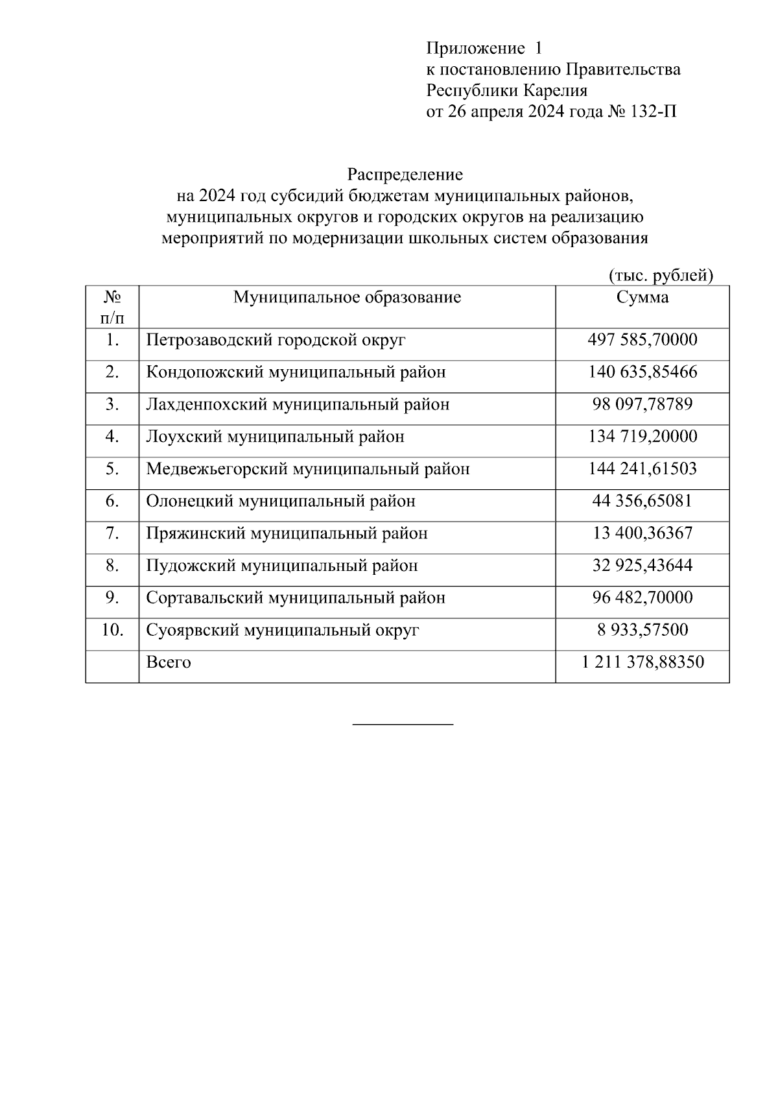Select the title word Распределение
(x=405, y=175)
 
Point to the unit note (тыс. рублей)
(x=661, y=276)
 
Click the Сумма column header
(x=642, y=298)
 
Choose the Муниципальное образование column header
(x=347, y=298)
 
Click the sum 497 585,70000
(x=642, y=340)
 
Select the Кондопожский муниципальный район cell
(x=296, y=372)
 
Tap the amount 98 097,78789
(x=642, y=405)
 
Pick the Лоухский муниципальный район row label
(x=275, y=437)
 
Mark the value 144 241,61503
(x=642, y=469)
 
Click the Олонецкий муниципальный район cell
(x=281, y=502)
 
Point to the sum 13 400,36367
(x=642, y=533)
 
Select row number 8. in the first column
(x=112, y=566)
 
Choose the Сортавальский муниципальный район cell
(x=296, y=598)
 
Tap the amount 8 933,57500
(x=642, y=630)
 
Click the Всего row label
(x=169, y=662)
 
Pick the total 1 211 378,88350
(x=642, y=662)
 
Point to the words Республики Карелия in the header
(x=506, y=91)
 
